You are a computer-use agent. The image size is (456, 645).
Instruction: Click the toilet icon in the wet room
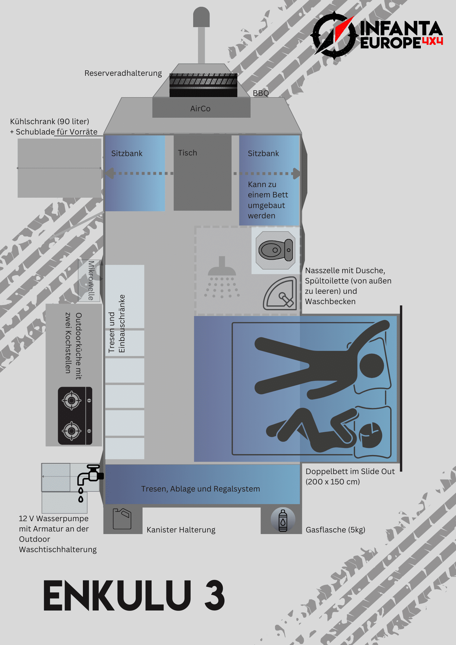tap(275, 250)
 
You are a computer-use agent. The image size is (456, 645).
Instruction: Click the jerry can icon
tap(122, 519)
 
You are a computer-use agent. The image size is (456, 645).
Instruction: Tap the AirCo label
tap(200, 109)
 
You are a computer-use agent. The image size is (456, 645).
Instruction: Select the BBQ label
tap(261, 93)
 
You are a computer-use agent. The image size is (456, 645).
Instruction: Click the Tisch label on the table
tap(187, 153)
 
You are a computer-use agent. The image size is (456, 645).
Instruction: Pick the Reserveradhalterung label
tap(123, 73)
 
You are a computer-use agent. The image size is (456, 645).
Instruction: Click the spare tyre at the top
tap(203, 85)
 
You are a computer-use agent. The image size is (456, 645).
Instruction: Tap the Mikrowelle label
tap(91, 281)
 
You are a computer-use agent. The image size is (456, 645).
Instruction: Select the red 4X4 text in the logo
tap(432, 41)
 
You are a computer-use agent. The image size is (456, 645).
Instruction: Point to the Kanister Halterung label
tap(181, 530)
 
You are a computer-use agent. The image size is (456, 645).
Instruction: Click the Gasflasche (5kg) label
tap(335, 530)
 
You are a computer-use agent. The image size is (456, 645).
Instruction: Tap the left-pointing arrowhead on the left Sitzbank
tap(109, 174)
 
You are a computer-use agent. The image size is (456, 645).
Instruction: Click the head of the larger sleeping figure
tap(372, 366)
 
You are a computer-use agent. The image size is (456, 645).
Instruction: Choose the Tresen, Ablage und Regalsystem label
tap(200, 489)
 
